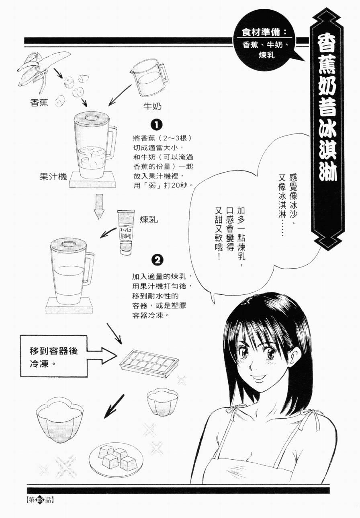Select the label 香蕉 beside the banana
[39, 103]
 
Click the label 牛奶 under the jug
[152, 106]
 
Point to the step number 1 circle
[156, 125]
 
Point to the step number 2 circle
[157, 261]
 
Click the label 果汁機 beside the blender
[53, 177]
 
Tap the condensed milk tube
[126, 232]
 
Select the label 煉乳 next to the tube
[149, 220]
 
